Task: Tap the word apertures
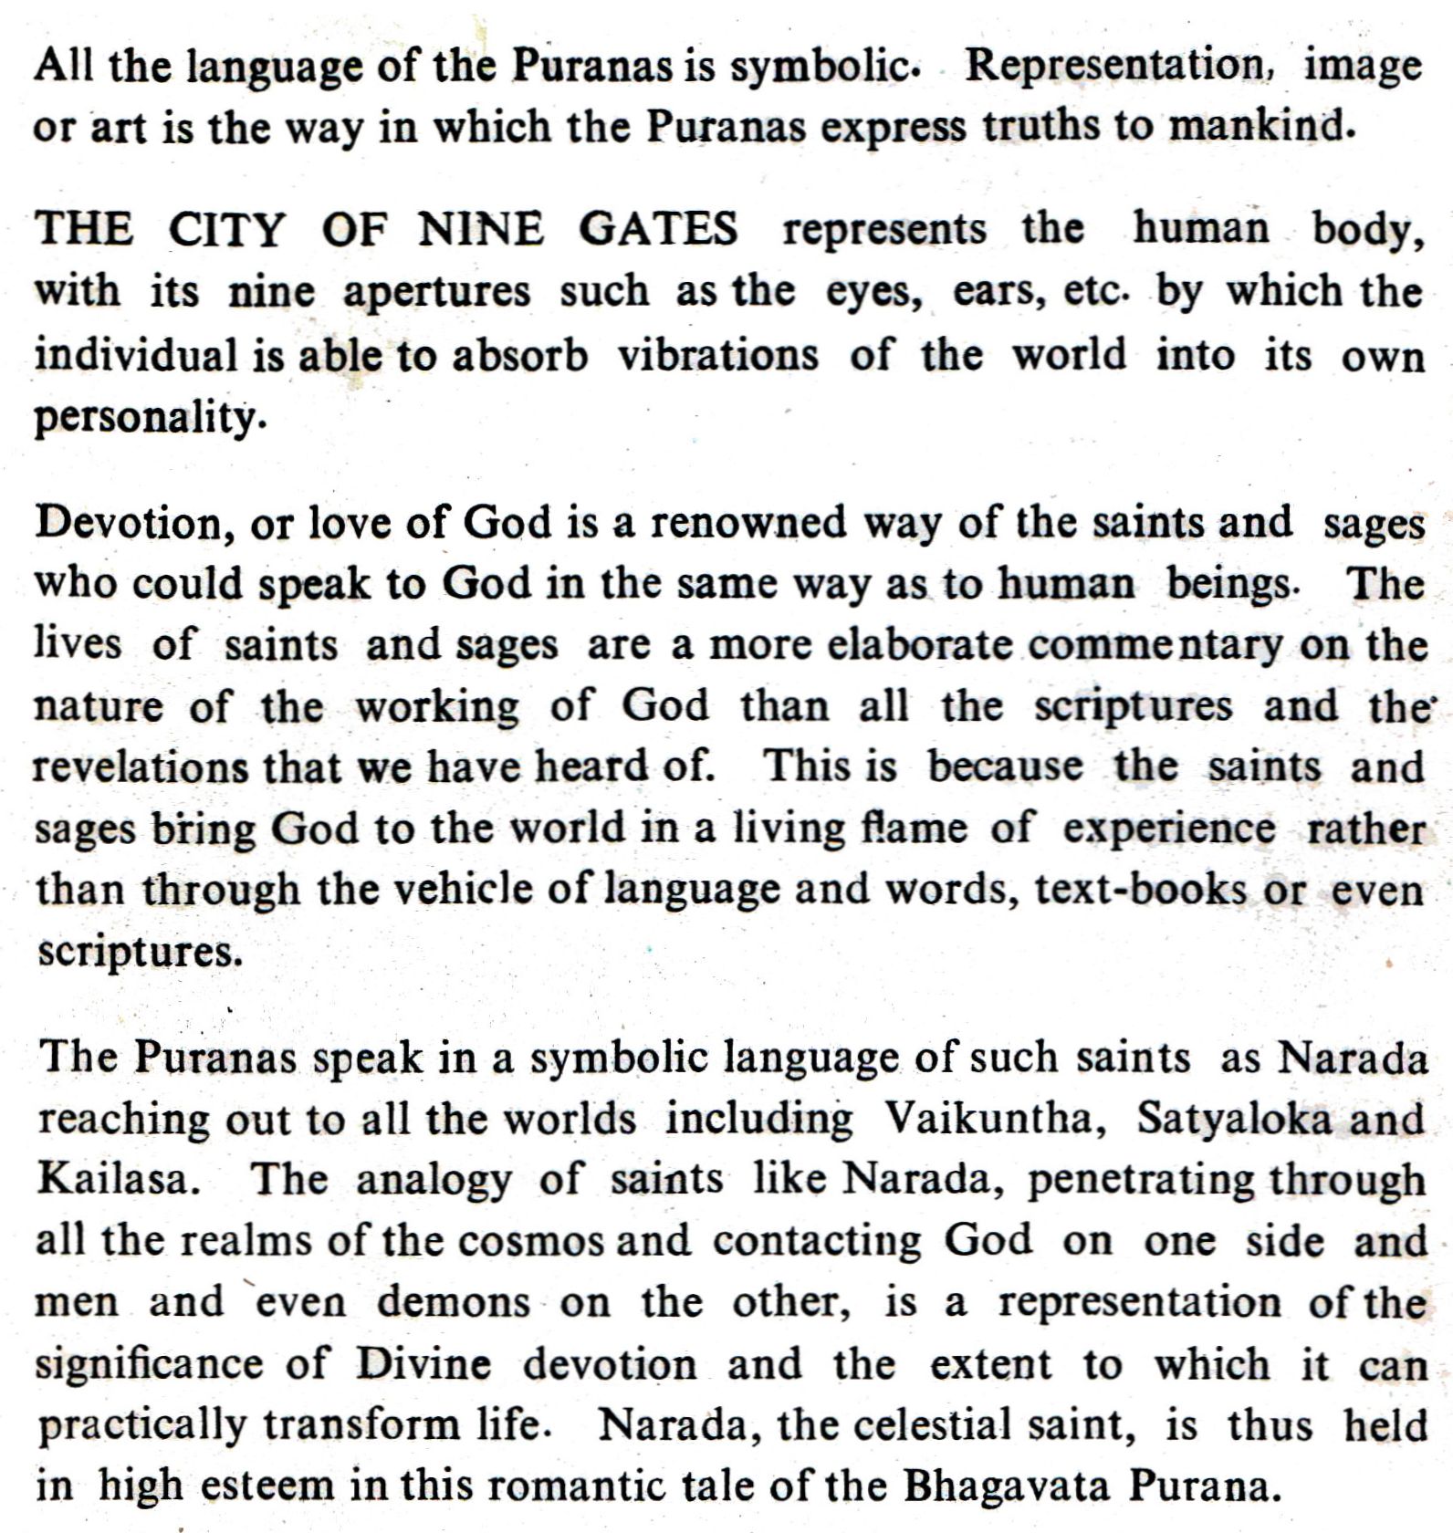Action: (436, 292)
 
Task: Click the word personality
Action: (149, 418)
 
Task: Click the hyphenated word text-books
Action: (1140, 889)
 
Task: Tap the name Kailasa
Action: (117, 1179)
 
